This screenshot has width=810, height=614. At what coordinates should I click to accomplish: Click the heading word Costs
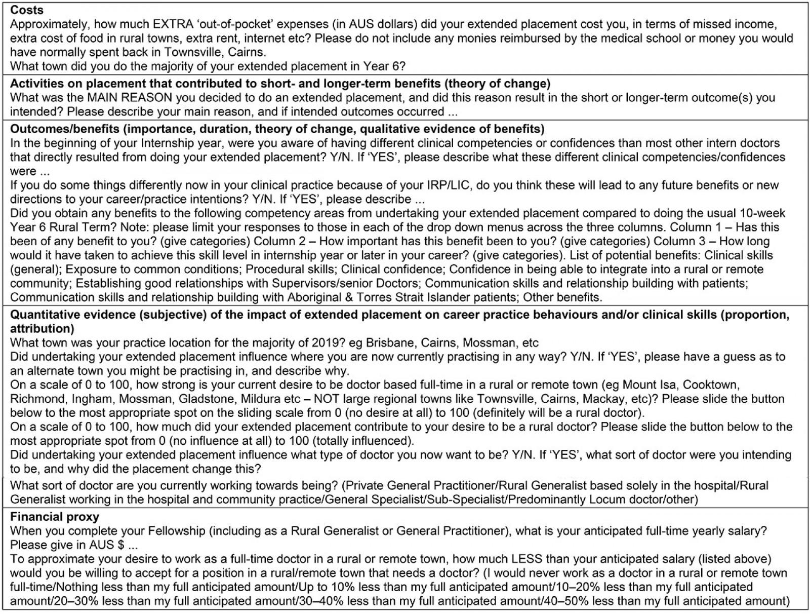(x=27, y=10)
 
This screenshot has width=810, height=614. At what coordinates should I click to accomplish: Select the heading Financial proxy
(x=55, y=517)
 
